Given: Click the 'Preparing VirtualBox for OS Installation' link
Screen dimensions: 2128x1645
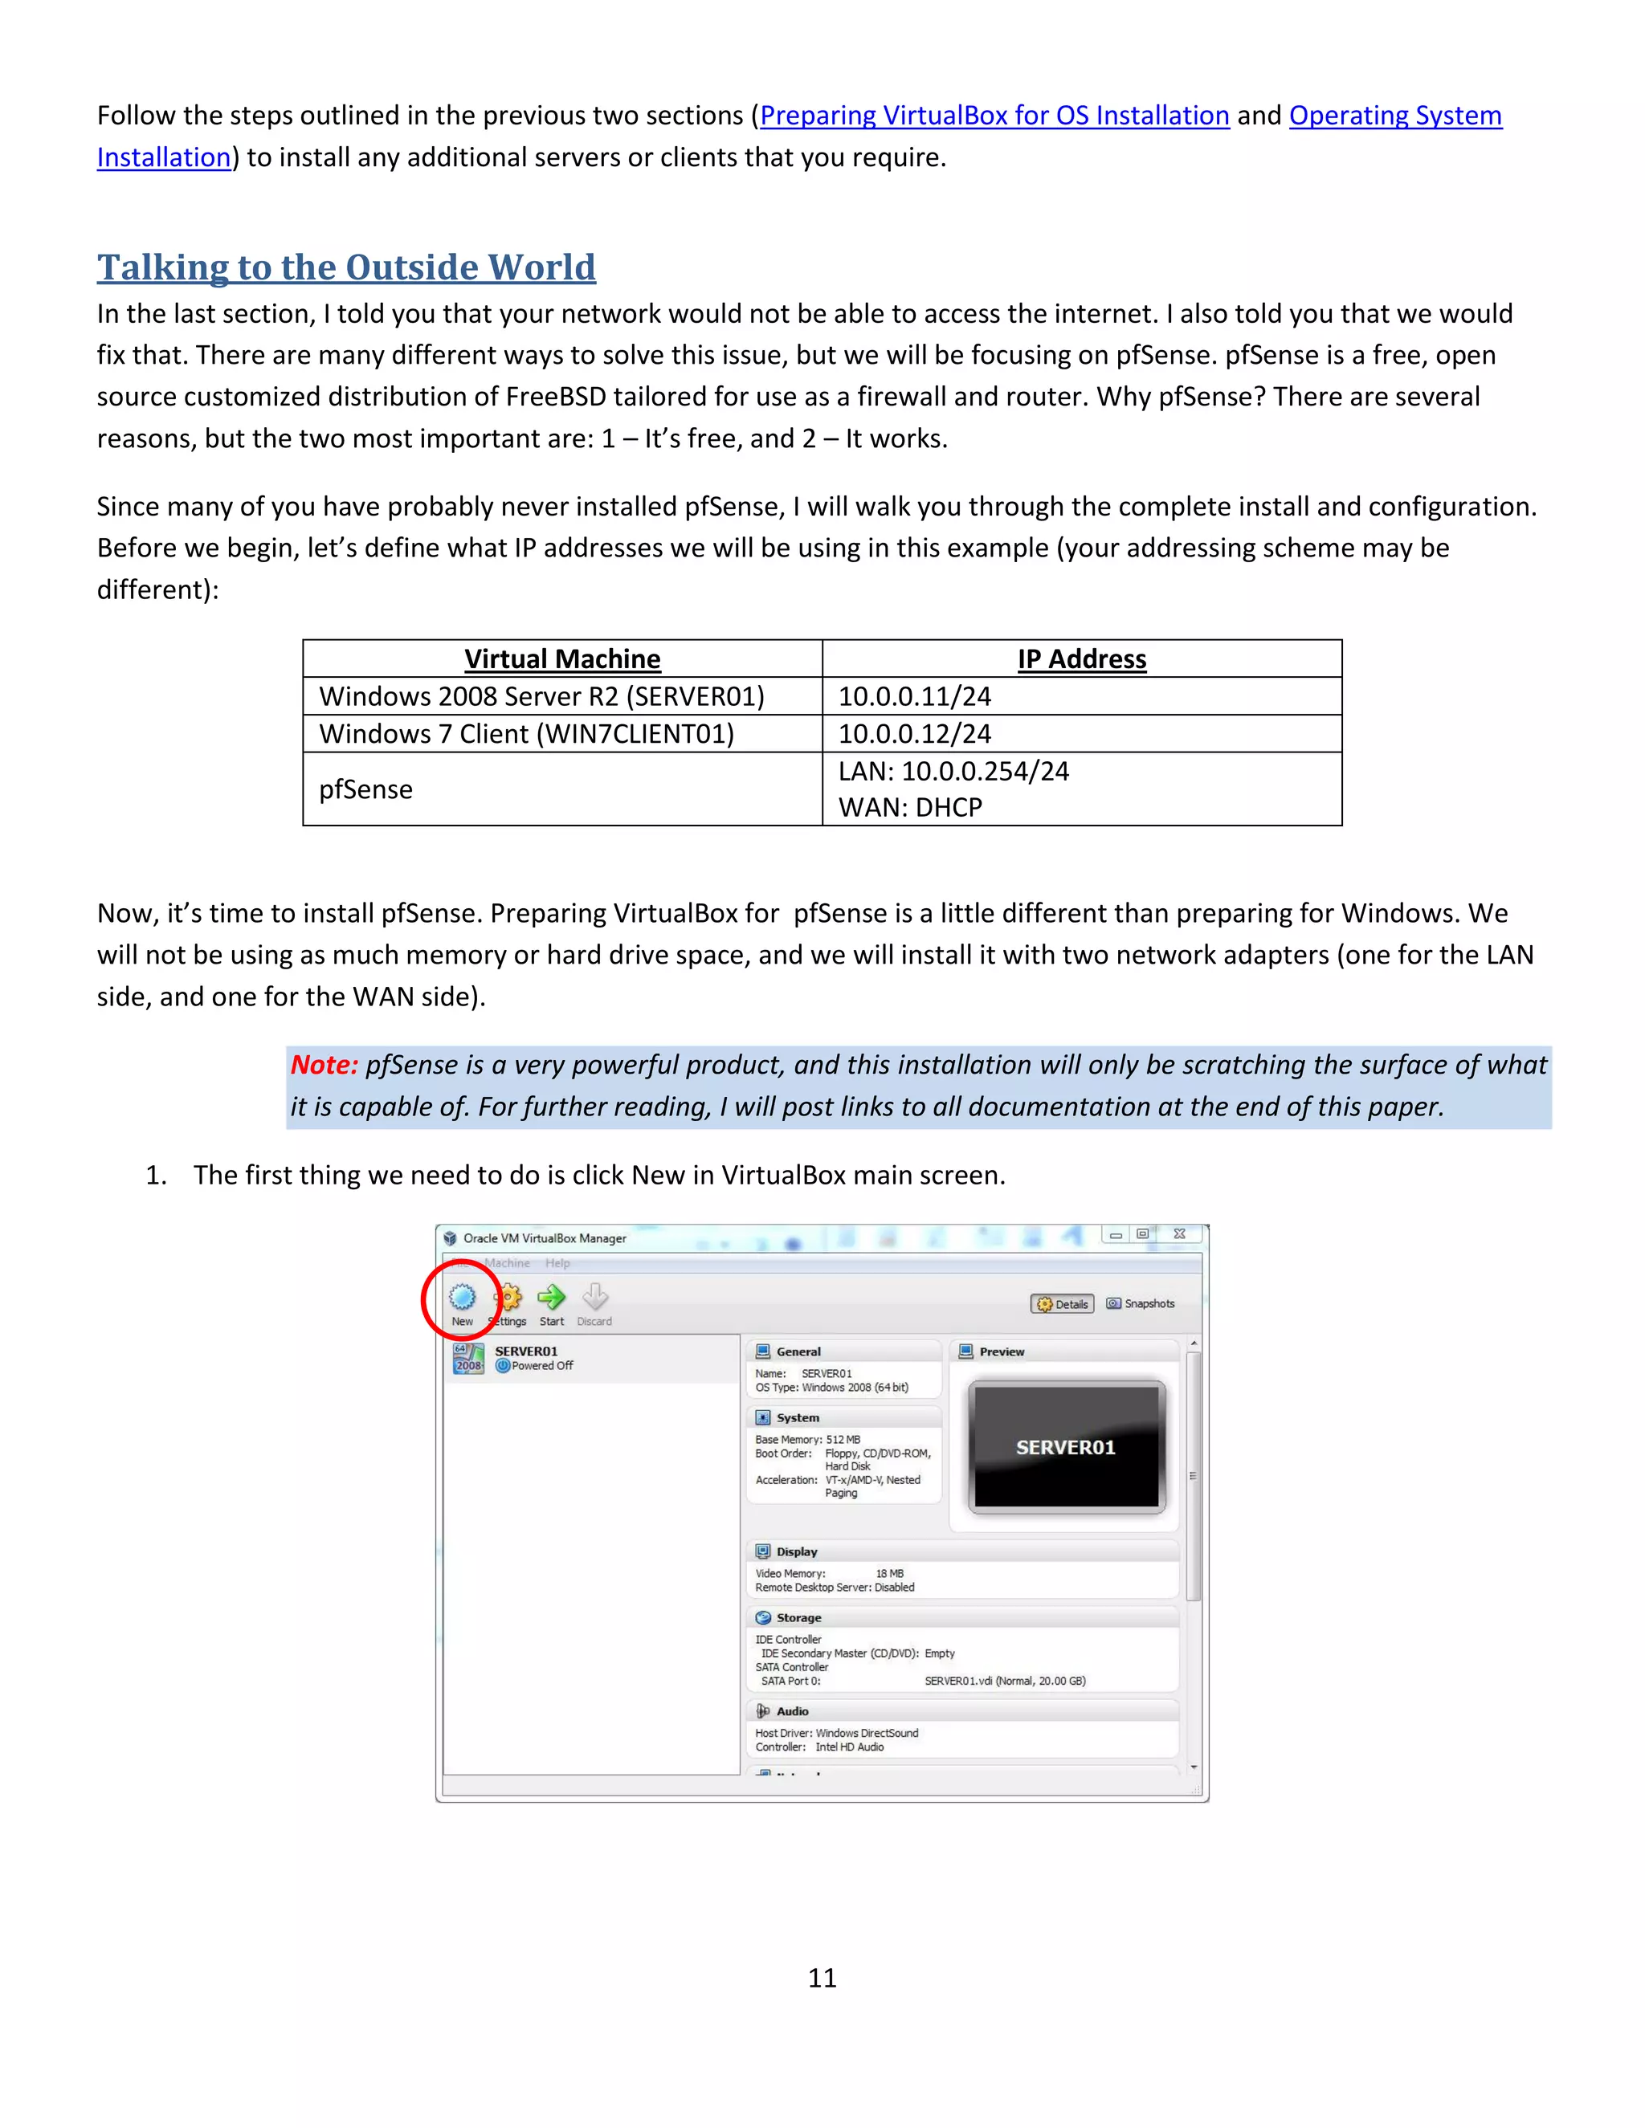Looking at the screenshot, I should point(994,116).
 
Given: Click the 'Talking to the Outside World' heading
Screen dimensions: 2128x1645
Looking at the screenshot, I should point(346,267).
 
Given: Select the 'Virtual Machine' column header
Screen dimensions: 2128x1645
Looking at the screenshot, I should point(562,659).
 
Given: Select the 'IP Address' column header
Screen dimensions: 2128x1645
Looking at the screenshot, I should point(1082,659).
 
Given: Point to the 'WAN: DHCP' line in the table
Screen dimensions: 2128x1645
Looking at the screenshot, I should point(910,808).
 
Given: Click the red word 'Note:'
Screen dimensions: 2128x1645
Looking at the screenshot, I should point(325,1065).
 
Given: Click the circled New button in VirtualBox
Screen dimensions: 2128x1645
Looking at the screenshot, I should point(462,1300).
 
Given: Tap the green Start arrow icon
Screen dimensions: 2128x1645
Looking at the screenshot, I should point(552,1298).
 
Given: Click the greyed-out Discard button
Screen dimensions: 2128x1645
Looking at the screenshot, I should point(594,1301).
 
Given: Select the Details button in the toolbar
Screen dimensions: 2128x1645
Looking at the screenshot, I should point(1062,1303).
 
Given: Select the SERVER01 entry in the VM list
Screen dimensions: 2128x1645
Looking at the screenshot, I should point(526,1357).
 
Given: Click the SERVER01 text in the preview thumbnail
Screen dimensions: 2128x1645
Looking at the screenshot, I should point(1065,1448).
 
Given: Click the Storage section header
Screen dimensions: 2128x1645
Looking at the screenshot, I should point(798,1617).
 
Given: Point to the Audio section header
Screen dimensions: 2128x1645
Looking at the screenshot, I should point(791,1711).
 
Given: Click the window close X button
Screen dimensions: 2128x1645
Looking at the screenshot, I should point(1179,1233).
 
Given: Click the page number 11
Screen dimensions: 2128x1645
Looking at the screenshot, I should point(822,1978).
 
